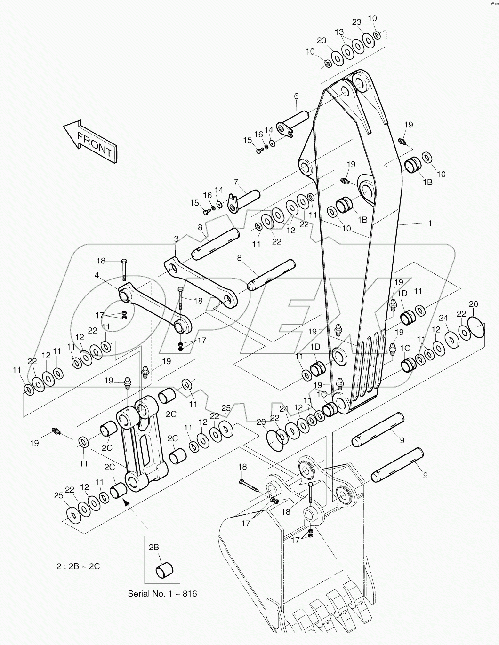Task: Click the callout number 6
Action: pos(296,96)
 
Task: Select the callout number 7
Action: pos(236,182)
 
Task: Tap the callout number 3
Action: pos(176,239)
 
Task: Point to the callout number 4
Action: pos(97,275)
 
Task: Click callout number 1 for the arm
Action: pos(429,224)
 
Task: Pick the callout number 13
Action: pos(339,32)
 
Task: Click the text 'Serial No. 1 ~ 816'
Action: pos(162,593)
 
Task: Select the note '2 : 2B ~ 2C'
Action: pos(77,566)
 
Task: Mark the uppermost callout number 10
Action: pos(372,18)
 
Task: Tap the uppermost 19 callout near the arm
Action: pos(408,125)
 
